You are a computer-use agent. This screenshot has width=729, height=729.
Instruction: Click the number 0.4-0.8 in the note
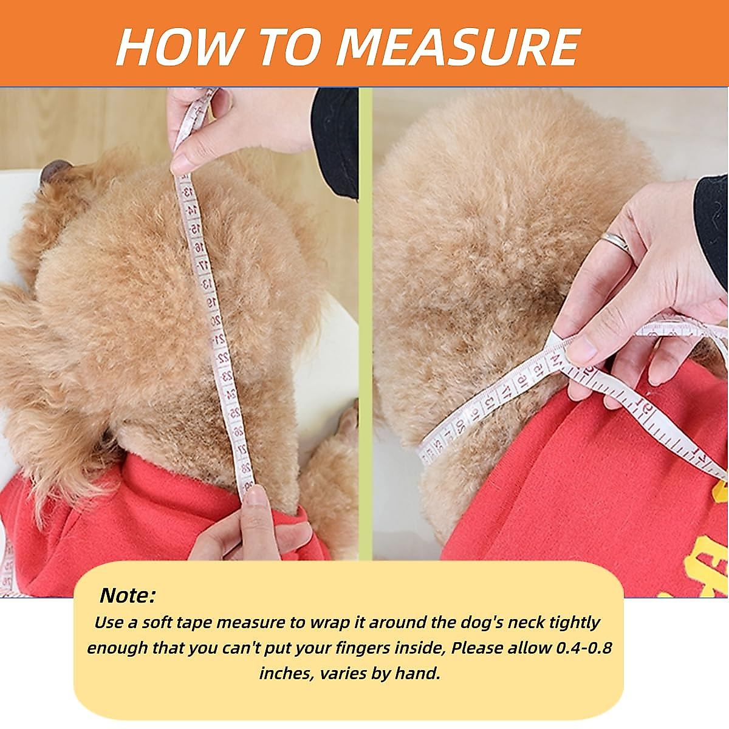[x=584, y=648]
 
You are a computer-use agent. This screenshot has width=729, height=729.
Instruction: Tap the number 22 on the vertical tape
[x=222, y=357]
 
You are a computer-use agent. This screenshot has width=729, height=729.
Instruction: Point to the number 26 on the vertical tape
[x=238, y=431]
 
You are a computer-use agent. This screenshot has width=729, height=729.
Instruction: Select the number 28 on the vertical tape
[x=246, y=467]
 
